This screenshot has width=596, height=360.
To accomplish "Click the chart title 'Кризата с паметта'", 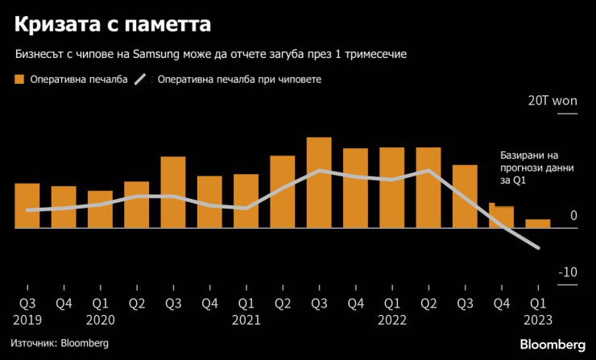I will (112, 25).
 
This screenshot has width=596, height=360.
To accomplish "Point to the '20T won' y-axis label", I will (553, 102).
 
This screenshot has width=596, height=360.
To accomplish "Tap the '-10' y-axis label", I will (569, 272).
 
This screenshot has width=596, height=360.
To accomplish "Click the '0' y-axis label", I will (573, 216).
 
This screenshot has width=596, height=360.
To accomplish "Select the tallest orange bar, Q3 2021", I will (319, 183).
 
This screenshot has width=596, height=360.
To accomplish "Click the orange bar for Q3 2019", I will (27, 205).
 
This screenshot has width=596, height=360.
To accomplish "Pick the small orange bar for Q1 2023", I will (538, 223).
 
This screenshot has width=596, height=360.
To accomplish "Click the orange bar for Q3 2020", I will (173, 192).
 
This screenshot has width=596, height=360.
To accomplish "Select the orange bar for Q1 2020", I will (100, 209).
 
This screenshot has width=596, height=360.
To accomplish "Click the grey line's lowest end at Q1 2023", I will (537, 247).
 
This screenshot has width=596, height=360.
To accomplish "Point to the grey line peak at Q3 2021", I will (320, 170).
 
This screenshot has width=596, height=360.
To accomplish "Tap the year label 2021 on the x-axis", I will (246, 319).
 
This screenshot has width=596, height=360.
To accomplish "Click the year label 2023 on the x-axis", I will (538, 319).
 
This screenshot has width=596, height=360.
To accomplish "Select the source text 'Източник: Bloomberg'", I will (60, 343).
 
